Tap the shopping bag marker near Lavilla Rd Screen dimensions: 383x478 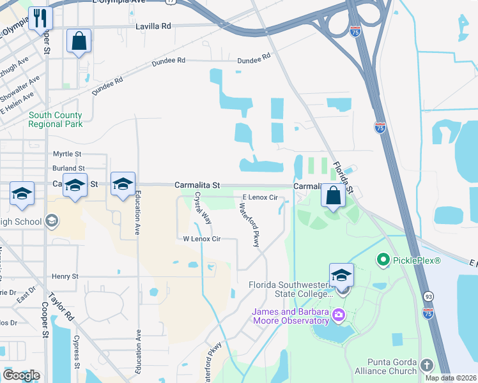point(79,41)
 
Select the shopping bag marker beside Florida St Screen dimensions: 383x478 point(333,196)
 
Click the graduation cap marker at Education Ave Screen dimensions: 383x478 point(123,184)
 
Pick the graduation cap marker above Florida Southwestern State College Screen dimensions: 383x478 point(341,275)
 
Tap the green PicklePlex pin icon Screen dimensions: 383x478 point(383,260)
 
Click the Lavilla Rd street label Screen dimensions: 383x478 point(154,26)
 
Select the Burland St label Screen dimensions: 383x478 point(68,169)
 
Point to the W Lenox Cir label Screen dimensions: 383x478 point(202,239)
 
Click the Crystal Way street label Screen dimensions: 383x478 point(203,207)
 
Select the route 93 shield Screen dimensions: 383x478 point(427,297)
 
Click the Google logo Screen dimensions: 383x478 point(21,375)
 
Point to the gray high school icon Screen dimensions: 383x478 point(51,222)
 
